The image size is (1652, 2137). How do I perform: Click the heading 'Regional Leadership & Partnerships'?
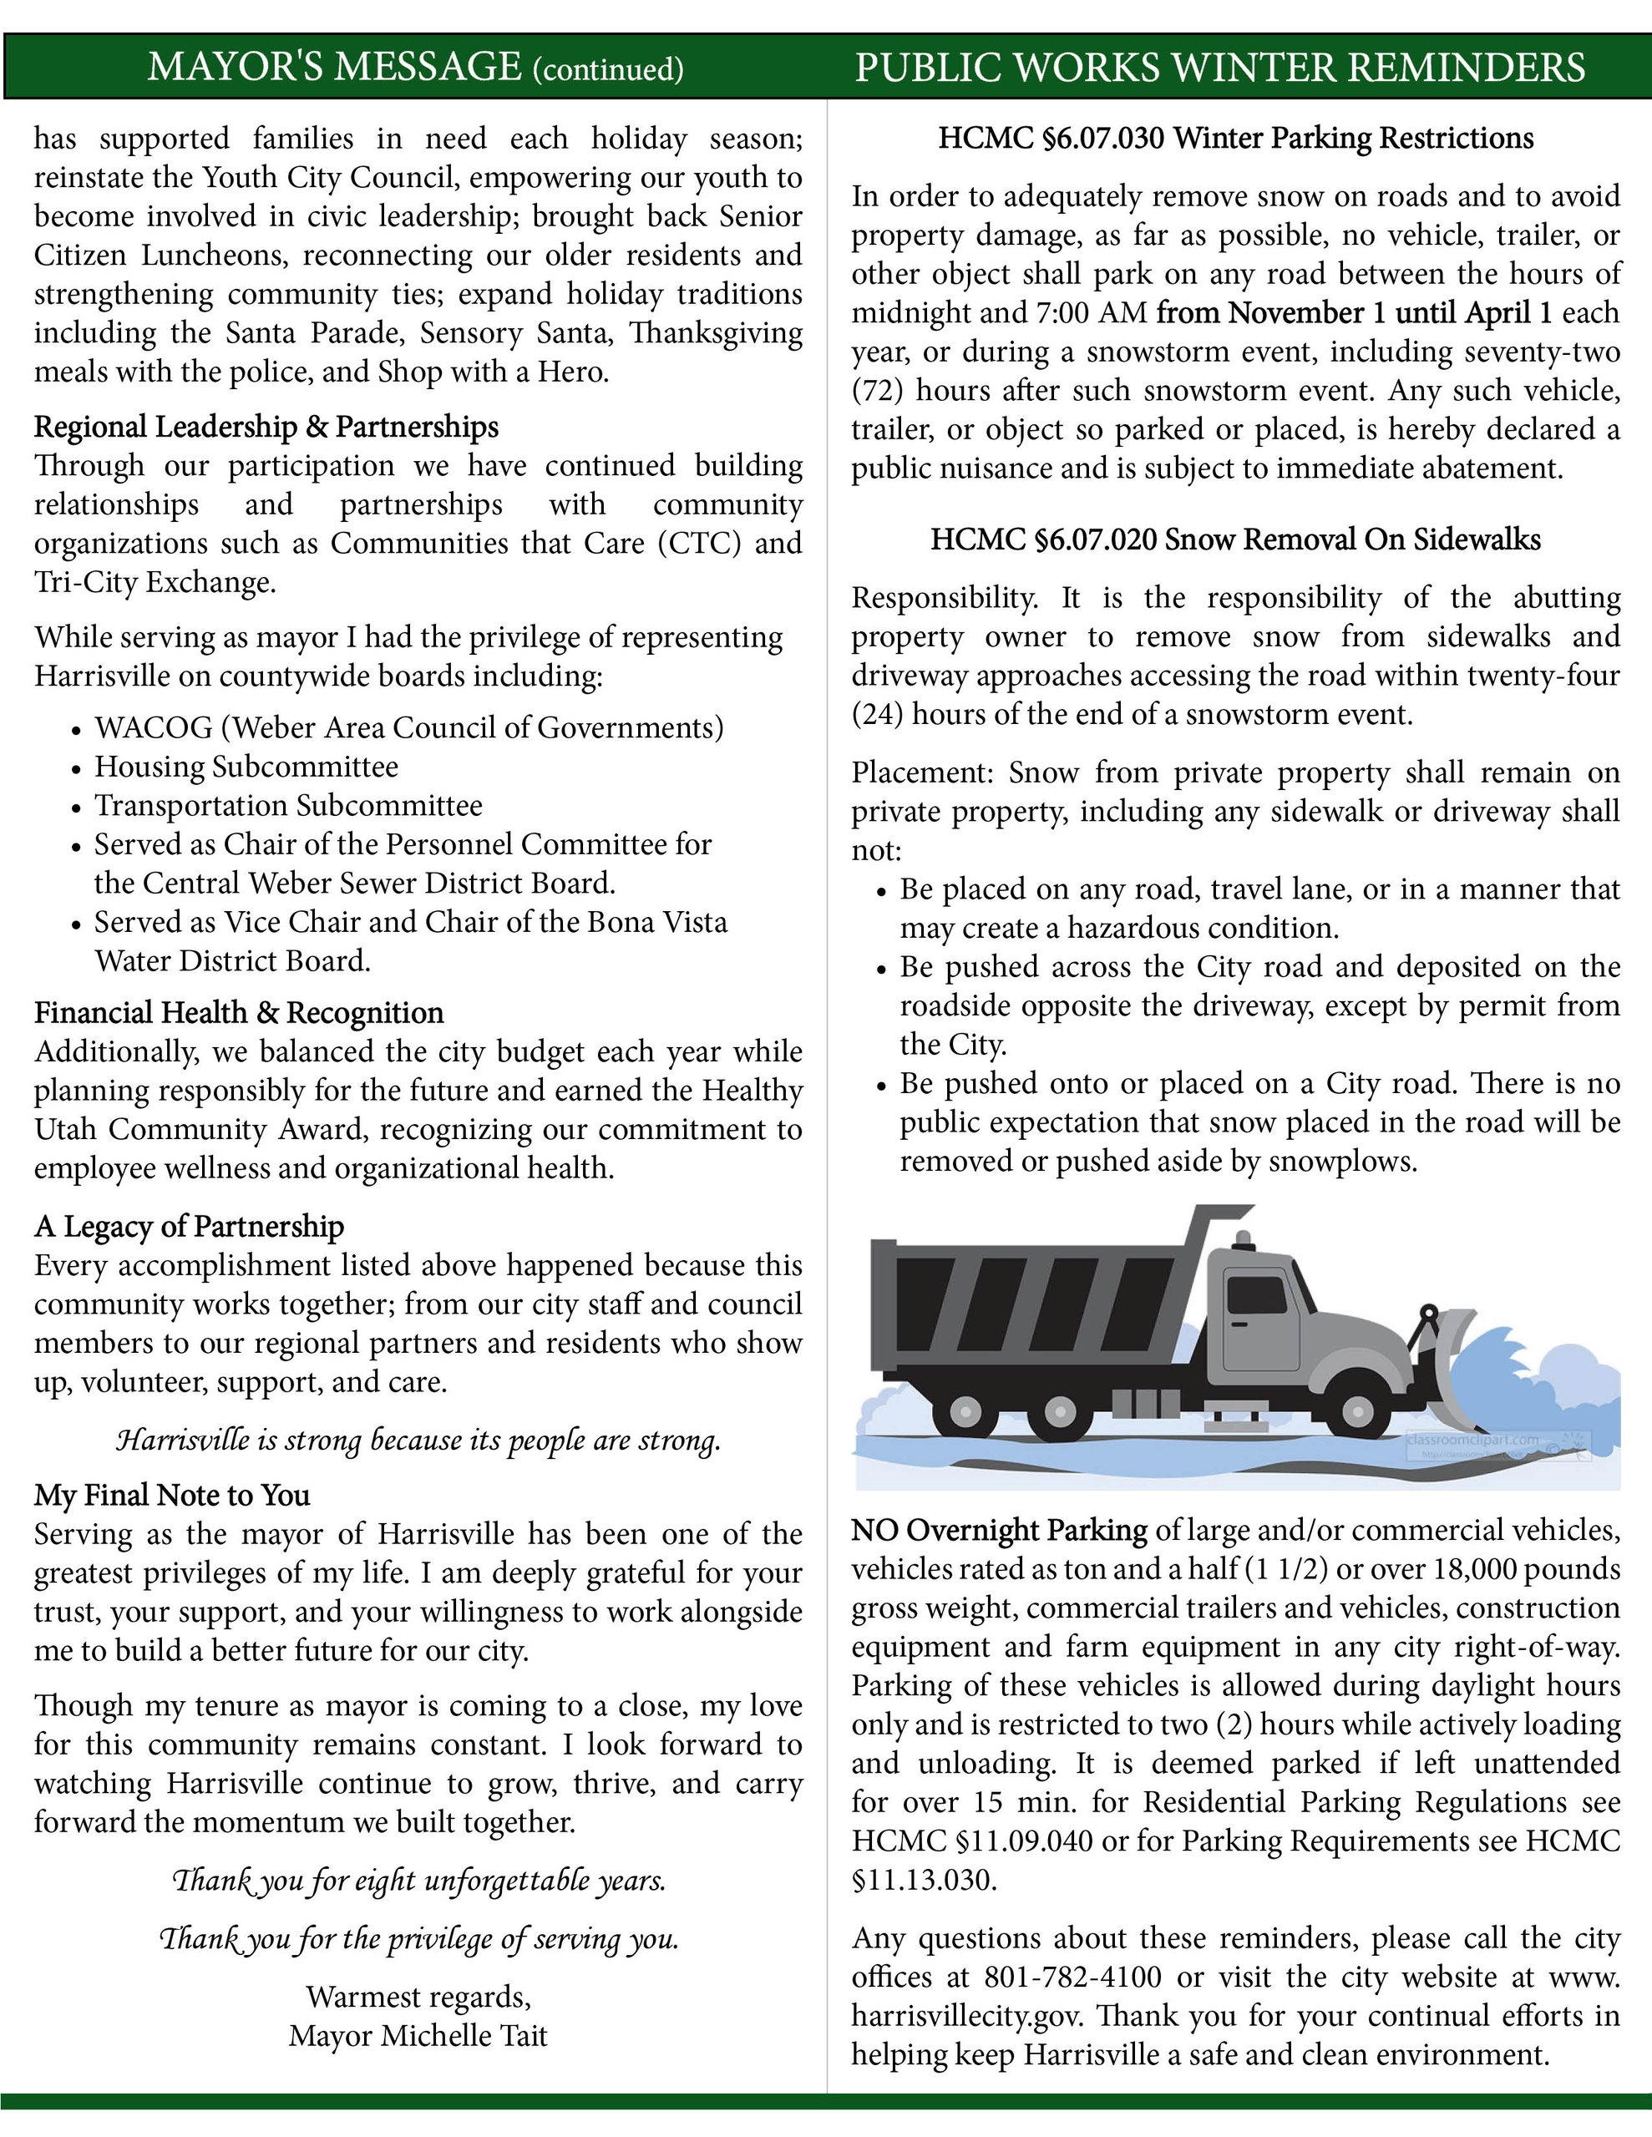coord(266,428)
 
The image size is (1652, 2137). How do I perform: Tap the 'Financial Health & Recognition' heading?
coord(239,1013)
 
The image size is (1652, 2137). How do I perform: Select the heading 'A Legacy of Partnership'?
coord(189,1227)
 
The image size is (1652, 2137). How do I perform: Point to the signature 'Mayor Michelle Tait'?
coord(418,2036)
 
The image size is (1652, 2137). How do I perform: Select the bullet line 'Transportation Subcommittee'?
coord(288,806)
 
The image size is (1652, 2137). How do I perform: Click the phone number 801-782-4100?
coord(1072,1977)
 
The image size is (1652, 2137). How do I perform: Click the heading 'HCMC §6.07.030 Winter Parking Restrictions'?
coord(1235,139)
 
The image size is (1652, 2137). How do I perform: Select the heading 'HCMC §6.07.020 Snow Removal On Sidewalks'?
coord(1235,540)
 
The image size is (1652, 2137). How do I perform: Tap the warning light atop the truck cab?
coord(1243,1241)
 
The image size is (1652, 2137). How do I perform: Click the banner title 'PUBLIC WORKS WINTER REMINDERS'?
coord(1219,68)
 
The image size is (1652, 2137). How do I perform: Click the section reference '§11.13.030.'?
coord(924,1881)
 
